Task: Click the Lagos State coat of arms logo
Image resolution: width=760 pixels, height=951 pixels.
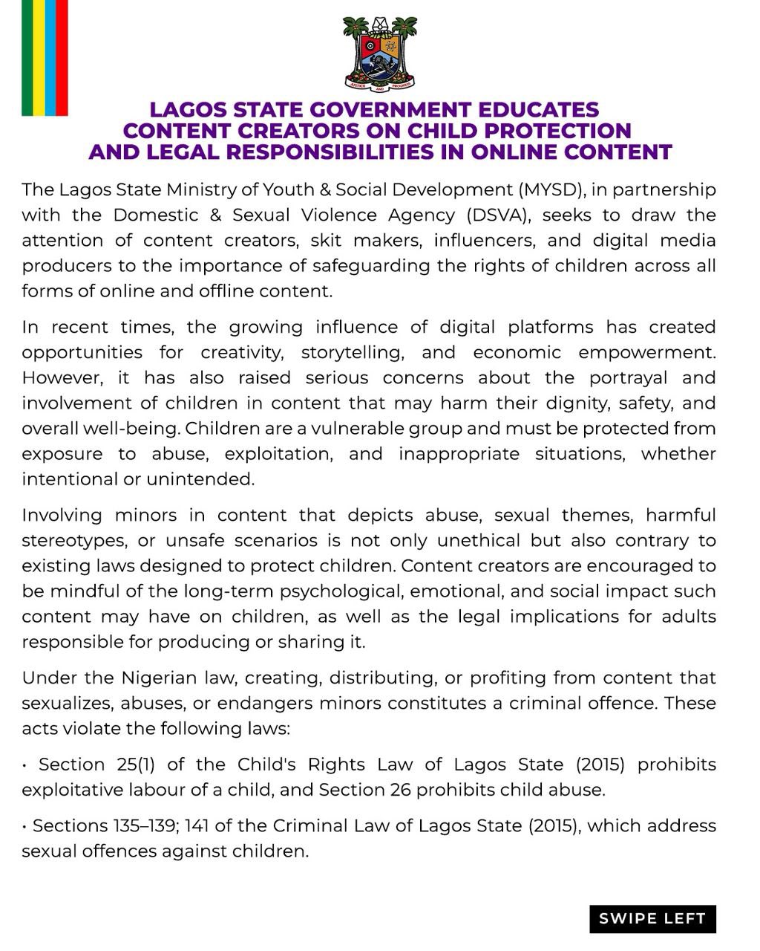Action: pyautogui.click(x=379, y=53)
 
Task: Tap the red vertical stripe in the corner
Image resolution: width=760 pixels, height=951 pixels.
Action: pyautogui.click(x=62, y=57)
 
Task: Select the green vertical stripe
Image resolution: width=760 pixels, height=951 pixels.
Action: pyautogui.click(x=27, y=57)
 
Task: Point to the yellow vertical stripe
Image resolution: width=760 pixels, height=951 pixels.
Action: pyautogui.click(x=39, y=57)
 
